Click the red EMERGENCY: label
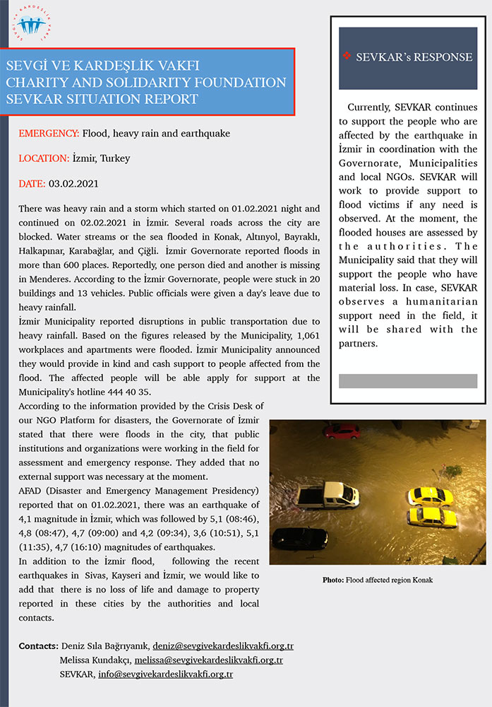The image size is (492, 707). coord(49,133)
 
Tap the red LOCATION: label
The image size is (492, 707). coord(44,158)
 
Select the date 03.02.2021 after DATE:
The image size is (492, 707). coord(73,184)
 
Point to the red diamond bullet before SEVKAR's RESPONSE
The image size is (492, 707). coord(346,57)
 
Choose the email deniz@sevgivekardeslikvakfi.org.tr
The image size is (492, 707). coord(223,646)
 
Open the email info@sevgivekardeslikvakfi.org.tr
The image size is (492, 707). coord(166,674)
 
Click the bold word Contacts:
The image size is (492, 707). coord(38,646)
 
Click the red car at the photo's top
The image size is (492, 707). coord(342,431)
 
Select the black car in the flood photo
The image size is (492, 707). coord(299,538)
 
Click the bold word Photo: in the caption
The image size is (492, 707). coord(333,580)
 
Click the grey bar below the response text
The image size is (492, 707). coord(408,381)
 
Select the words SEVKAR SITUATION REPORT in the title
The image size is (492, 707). coord(102,98)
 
